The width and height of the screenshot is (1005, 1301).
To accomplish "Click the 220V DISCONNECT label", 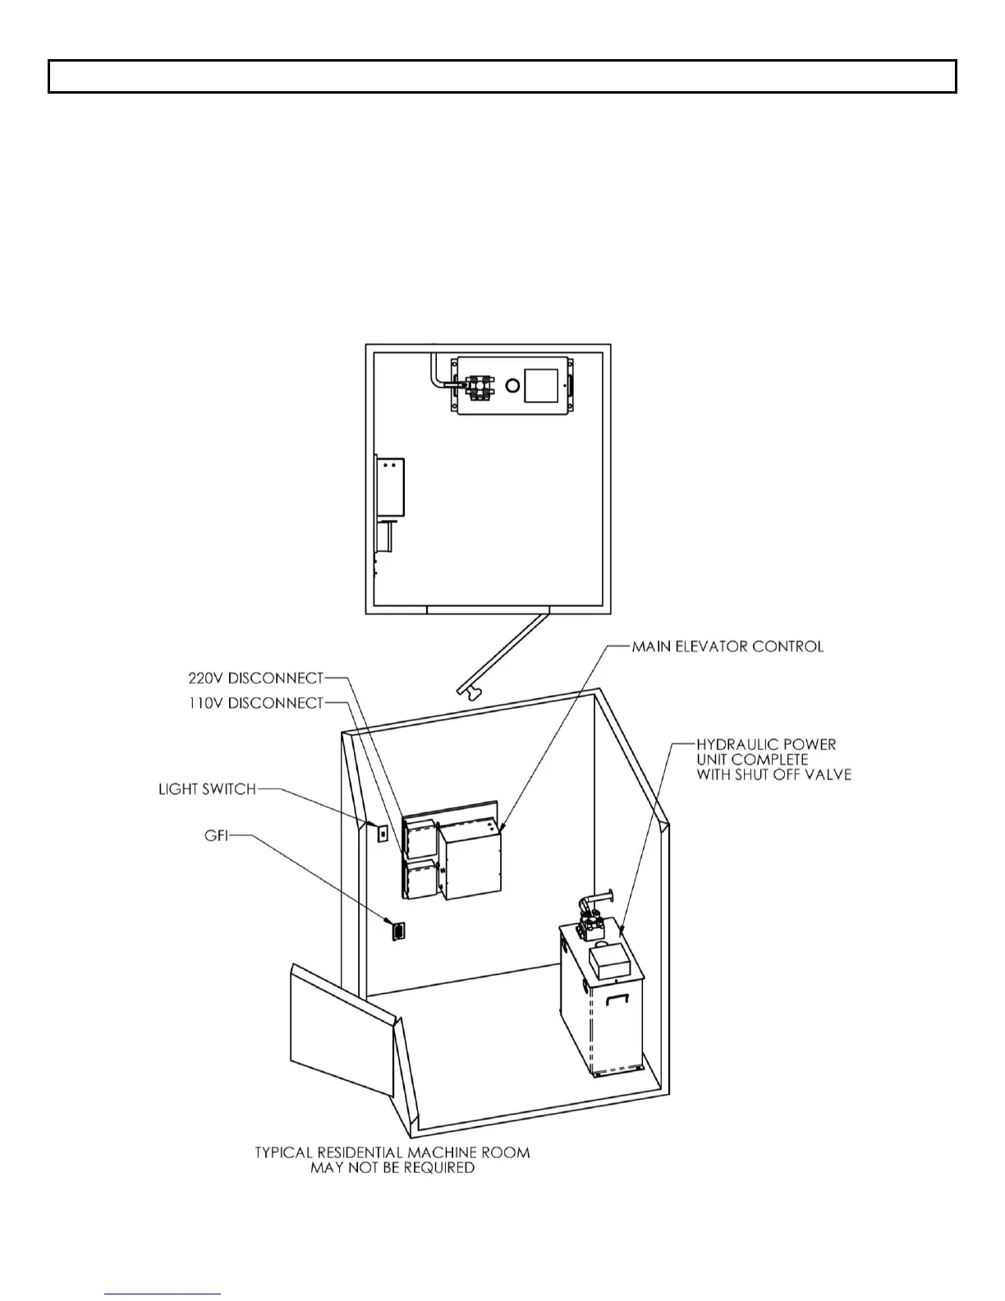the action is coord(255,678).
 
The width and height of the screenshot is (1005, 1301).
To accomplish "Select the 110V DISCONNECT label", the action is coord(255,703).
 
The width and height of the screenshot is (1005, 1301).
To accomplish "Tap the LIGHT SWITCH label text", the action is coord(207,789).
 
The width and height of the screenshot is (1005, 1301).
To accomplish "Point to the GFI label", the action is coord(215,836).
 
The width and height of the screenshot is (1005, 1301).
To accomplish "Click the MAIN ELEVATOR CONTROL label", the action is coord(727,646).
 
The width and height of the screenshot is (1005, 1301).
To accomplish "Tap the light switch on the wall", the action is coord(383,833).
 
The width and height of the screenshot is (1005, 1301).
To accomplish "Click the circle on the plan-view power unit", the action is coord(512,384).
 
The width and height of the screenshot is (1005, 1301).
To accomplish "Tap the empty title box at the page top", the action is coord(502,76).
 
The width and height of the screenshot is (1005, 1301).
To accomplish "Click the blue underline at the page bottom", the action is coord(163,1294).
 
